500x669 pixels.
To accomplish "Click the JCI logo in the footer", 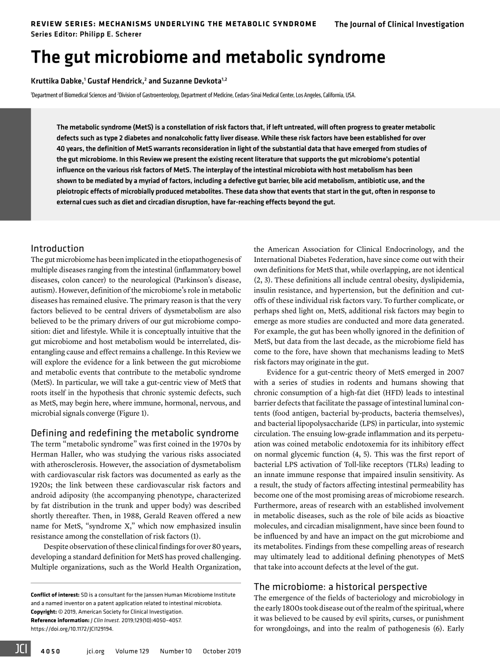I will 15,651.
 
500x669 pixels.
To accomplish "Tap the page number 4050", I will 51,651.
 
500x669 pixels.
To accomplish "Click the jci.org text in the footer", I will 95,651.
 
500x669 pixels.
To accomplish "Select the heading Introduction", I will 57,248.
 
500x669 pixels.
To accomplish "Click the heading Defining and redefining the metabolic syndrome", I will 135,433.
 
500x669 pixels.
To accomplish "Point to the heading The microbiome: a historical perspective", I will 340,586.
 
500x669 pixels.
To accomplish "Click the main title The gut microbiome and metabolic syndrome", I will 208,57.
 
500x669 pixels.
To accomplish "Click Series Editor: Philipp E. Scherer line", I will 86,34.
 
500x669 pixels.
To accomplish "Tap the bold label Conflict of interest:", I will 55,595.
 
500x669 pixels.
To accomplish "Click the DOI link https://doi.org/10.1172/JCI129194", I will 72,629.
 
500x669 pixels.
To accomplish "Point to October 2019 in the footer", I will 222,651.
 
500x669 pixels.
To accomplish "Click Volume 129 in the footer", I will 132,651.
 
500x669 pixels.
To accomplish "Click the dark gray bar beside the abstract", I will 15,164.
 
